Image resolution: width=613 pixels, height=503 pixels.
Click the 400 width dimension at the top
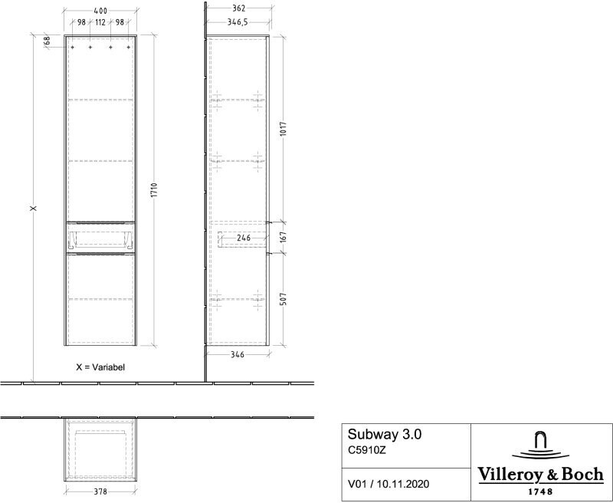[100, 11]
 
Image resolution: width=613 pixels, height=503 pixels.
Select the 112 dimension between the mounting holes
[100, 22]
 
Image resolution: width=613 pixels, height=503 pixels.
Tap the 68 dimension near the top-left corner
[47, 41]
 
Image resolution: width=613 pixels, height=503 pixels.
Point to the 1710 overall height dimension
[154, 190]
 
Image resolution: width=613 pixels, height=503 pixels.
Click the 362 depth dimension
[238, 8]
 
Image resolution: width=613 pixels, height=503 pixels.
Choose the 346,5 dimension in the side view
[238, 22]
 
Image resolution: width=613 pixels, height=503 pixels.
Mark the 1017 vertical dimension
[284, 129]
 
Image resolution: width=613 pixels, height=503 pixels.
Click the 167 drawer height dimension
[284, 237]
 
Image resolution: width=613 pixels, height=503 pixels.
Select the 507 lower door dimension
[284, 299]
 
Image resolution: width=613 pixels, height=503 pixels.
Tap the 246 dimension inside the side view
[243, 238]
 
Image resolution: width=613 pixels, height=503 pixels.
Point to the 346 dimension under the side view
[238, 355]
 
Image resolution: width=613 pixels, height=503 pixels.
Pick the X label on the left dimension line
[34, 208]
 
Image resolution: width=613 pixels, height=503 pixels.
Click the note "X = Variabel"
[100, 367]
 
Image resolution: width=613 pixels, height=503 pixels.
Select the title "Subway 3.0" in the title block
[385, 434]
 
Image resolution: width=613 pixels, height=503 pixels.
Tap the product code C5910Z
[367, 450]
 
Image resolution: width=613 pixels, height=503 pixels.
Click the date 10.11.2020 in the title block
[403, 485]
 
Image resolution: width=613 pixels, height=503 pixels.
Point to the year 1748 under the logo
[541, 491]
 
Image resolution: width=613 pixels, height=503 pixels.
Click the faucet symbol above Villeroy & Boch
[541, 445]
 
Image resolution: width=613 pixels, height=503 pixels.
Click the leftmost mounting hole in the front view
[72, 48]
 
